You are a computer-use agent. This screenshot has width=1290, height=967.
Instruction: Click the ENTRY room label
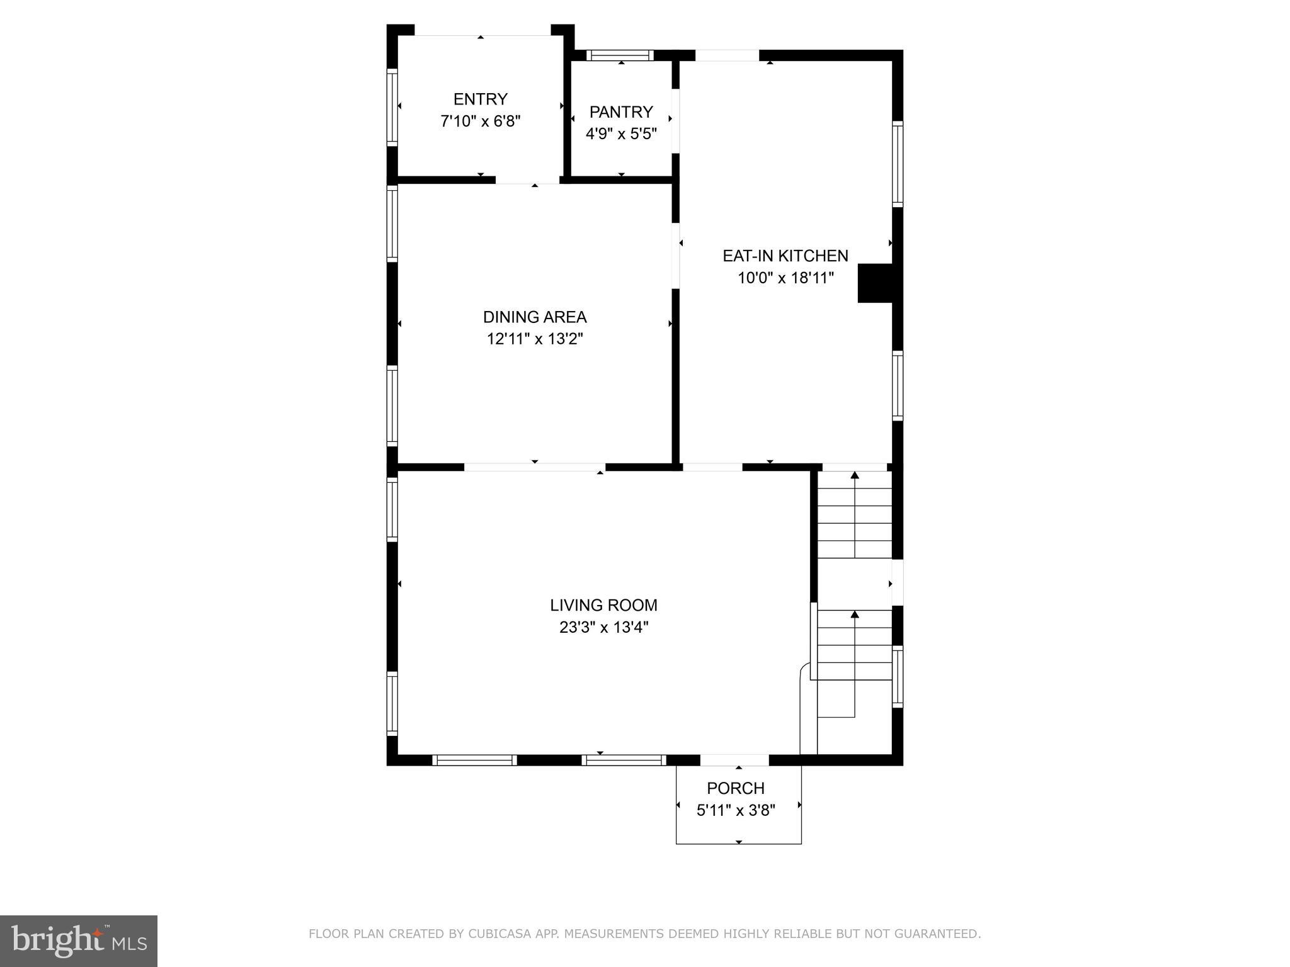481,99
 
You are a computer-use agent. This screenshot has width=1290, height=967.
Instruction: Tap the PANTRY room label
621,112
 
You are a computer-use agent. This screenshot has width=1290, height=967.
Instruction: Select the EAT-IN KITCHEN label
785,256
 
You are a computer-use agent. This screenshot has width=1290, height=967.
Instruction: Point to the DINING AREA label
535,317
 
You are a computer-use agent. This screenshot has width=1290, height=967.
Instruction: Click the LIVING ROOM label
603,605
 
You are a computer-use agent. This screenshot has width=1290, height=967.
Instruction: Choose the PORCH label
736,788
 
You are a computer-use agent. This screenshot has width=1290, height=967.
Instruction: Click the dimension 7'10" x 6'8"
481,121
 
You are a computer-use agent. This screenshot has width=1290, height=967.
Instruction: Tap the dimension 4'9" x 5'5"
621,134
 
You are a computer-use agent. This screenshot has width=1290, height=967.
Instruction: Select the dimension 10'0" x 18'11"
786,278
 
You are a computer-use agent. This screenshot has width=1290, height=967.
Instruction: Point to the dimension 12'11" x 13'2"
535,339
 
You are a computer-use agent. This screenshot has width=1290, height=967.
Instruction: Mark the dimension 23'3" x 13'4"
603,627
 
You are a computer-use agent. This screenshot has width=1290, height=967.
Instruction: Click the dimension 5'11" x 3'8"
736,810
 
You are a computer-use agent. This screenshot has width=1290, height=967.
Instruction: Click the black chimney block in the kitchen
876,283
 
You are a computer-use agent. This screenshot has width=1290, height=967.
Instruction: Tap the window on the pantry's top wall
620,55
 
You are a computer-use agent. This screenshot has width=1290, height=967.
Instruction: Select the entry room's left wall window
392,108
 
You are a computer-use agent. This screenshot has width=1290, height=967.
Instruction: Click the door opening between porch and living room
734,760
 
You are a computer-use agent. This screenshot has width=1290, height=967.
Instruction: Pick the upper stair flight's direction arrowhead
855,475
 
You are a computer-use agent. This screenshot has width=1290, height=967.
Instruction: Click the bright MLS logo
79,941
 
